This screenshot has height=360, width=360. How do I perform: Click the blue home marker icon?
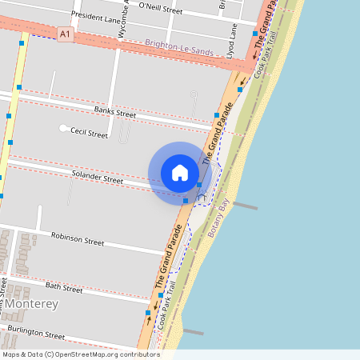(x=180, y=173)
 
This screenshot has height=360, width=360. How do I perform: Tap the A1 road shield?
(x=66, y=34)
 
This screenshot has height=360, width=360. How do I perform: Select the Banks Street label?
(x=115, y=112)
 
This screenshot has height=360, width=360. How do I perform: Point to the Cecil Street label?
(x=89, y=134)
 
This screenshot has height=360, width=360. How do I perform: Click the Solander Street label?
(x=98, y=177)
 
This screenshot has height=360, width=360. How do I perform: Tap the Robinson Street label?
(x=78, y=238)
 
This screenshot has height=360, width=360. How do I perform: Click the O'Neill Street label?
(x=161, y=10)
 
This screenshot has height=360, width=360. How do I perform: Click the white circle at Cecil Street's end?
(x=63, y=128)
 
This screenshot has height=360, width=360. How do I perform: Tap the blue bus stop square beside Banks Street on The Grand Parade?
(x=216, y=116)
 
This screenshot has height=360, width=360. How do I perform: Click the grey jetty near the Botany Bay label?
(x=245, y=206)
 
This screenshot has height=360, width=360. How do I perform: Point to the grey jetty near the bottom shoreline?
(x=194, y=330)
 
